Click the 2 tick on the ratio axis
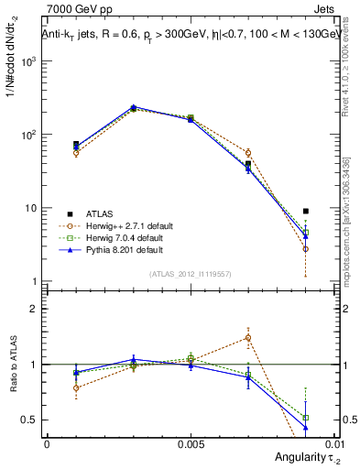[32, 309]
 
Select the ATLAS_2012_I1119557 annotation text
[191, 274]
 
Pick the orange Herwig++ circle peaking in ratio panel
[248, 337]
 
